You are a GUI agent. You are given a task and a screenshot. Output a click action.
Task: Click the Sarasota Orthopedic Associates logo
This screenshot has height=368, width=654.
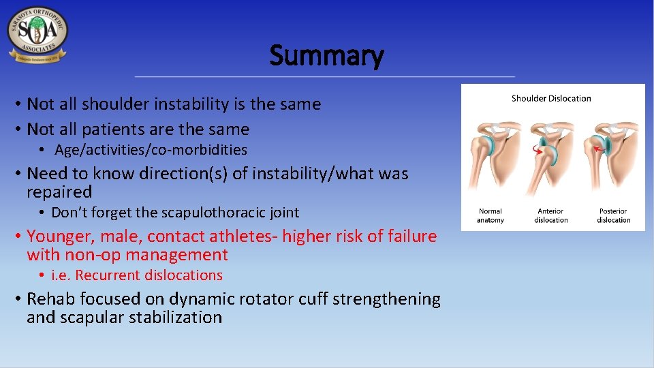click(x=37, y=35)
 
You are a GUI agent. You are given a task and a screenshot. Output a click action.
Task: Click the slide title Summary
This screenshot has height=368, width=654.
click(x=326, y=55)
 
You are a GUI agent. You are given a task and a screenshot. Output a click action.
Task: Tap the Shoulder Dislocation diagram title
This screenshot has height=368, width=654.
click(x=551, y=98)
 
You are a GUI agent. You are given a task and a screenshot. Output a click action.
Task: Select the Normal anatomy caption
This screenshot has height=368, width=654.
click(x=490, y=216)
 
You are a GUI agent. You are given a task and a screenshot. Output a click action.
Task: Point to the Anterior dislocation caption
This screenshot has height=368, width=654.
click(x=551, y=216)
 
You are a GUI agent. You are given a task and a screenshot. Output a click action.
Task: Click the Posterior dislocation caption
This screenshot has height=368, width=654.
click(x=613, y=216)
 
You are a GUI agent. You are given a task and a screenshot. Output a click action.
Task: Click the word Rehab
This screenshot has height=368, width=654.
click(x=50, y=299)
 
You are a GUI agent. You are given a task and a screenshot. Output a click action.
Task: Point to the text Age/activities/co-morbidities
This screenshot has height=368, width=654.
click(x=151, y=150)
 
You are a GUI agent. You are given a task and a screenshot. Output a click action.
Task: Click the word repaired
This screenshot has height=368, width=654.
click(x=59, y=192)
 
